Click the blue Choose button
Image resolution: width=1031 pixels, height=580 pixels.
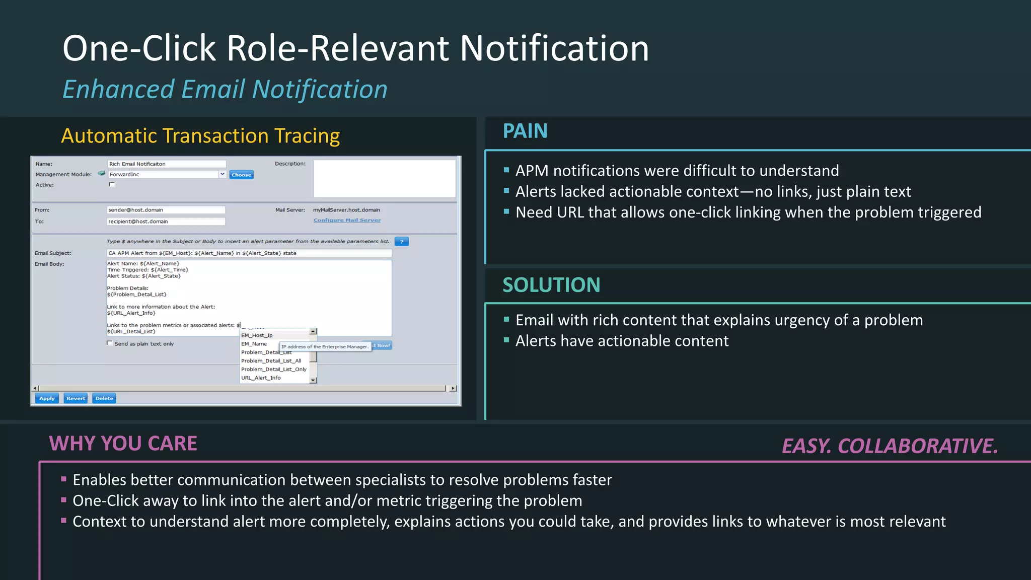point(242,175)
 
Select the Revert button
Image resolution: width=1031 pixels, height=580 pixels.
point(76,398)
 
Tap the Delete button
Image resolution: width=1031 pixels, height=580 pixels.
point(104,398)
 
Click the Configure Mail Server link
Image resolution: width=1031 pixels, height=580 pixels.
point(347,220)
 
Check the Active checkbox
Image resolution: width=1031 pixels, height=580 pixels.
point(112,185)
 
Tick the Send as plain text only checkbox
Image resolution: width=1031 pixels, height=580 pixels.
point(110,343)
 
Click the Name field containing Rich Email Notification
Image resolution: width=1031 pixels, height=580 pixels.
point(167,164)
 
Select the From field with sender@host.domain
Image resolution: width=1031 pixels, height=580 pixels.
point(166,210)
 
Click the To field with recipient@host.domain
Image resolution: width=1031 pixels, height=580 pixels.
point(166,222)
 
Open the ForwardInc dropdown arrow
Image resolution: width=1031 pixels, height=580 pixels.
point(222,174)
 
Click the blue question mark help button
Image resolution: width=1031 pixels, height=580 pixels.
point(402,242)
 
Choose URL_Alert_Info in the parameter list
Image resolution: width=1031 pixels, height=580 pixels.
point(261,378)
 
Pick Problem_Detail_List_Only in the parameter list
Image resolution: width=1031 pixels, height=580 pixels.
point(273,369)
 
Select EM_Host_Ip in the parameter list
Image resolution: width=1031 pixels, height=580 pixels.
point(257,335)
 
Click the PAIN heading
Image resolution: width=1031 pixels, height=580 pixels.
point(525,131)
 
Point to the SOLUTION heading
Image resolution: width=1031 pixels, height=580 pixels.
point(551,285)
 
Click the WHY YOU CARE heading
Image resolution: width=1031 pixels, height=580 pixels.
point(123,444)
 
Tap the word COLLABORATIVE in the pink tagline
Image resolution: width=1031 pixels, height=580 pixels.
point(917,446)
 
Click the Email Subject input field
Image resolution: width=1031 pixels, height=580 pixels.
point(249,253)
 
